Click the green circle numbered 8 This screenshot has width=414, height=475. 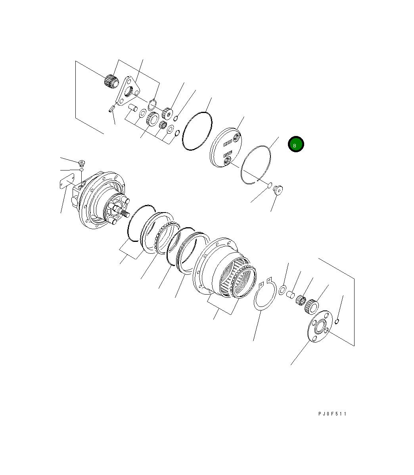click(295, 144)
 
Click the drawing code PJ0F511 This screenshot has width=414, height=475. click(332, 414)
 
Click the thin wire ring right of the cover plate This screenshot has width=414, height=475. click(256, 165)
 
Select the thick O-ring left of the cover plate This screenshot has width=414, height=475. click(197, 131)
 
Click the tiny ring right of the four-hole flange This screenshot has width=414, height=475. click(337, 321)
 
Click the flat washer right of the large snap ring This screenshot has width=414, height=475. click(283, 289)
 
